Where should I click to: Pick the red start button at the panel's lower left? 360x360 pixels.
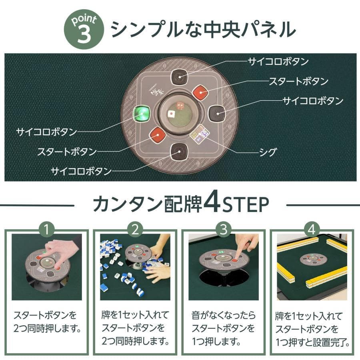click(x=157, y=135)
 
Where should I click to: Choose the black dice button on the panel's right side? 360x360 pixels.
click(x=217, y=114)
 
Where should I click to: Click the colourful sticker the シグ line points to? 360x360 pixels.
click(x=199, y=134)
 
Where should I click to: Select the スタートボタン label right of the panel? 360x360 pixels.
click(x=298, y=81)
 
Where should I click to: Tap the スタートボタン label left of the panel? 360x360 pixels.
click(x=67, y=152)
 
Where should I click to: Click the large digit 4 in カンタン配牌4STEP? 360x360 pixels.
click(x=210, y=204)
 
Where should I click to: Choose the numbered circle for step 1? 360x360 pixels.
click(x=47, y=230)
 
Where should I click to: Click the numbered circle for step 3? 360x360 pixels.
click(x=224, y=230)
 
